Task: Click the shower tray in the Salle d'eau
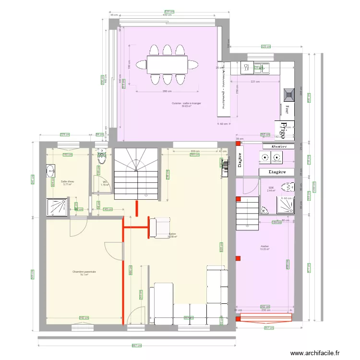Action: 58,206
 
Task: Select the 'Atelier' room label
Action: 264,247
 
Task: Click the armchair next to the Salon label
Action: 159,228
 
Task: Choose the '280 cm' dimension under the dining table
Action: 167,92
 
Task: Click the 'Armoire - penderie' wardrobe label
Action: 224,89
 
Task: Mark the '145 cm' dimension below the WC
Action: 108,209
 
